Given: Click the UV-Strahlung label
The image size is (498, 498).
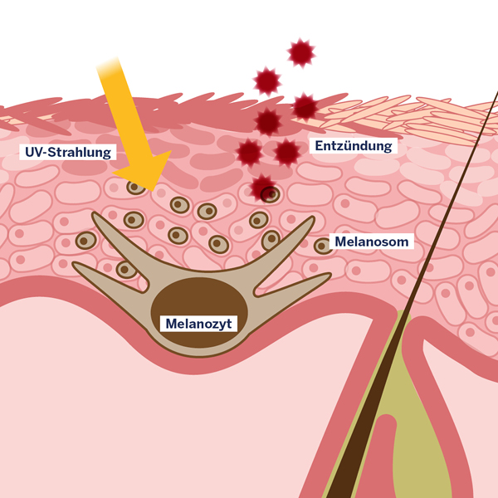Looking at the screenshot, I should click(x=66, y=153).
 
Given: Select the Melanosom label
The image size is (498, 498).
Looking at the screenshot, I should click(x=373, y=242).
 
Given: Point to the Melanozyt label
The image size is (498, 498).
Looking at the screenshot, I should click(x=197, y=323).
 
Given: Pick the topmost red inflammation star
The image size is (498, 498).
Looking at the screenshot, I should click(x=300, y=53).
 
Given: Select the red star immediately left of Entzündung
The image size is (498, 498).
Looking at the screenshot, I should click(x=287, y=152).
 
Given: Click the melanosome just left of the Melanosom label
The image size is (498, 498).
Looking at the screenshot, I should click(x=323, y=246).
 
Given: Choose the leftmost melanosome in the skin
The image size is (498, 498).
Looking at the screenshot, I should click(x=85, y=241).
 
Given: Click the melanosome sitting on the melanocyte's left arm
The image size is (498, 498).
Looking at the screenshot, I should click(x=126, y=269).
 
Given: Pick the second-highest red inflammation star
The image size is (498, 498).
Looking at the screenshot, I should click(x=266, y=81).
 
